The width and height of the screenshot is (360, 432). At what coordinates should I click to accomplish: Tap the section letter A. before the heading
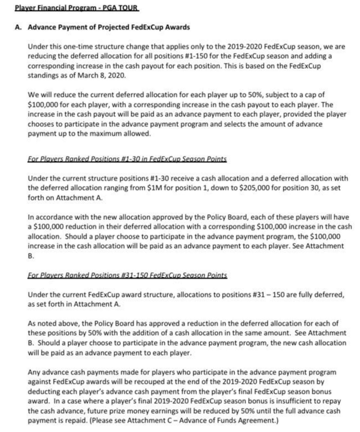click(18, 27)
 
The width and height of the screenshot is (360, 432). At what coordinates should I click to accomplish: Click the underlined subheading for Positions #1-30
click(127, 159)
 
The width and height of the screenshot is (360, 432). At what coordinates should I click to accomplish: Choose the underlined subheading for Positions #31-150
click(127, 275)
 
